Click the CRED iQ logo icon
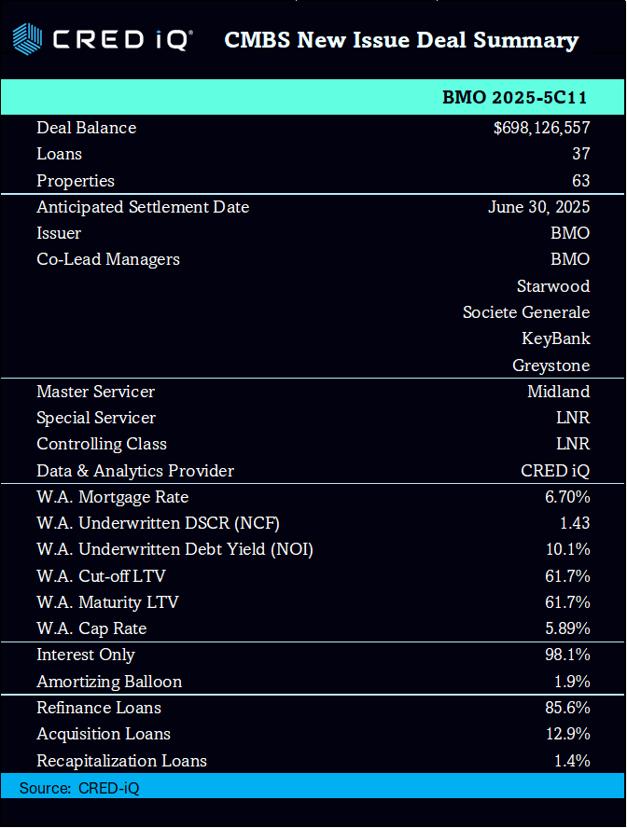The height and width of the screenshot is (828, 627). tap(27, 39)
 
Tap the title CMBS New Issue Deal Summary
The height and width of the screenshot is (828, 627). tap(401, 40)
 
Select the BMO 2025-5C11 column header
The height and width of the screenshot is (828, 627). tap(514, 98)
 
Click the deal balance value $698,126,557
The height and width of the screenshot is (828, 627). tap(541, 128)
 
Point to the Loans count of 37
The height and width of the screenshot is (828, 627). tap(580, 154)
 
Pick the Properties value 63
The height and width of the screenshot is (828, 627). tap(580, 181)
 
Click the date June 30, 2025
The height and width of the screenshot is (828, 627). tap(538, 207)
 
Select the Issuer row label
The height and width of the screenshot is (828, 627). tap(59, 233)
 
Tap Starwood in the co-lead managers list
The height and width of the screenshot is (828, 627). tap(553, 285)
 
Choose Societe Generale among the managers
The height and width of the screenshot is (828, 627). tap(526, 312)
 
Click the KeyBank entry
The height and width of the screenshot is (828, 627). tap(555, 338)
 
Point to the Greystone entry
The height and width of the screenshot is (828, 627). tap(550, 366)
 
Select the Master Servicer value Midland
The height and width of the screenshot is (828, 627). tap(558, 392)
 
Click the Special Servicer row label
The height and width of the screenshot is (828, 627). tap(96, 418)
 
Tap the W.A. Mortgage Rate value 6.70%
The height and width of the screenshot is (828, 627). tap(567, 497)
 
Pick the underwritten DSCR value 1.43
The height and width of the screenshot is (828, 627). tap(572, 523)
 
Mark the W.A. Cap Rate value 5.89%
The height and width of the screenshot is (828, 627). tap(567, 628)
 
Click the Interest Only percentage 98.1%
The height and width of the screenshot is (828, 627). tap(567, 655)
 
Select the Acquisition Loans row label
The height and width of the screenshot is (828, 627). tap(104, 734)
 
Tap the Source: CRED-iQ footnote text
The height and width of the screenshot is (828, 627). tap(79, 788)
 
